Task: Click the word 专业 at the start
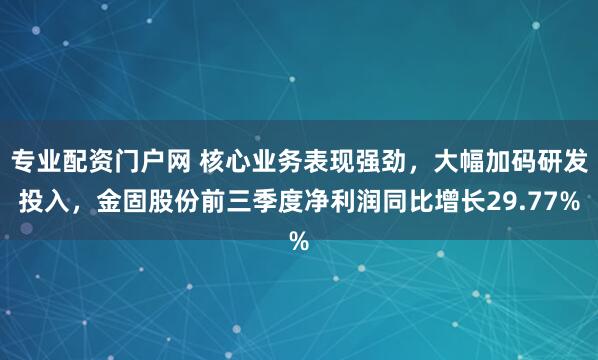[x=36, y=160]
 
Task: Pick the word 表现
[x=331, y=160]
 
